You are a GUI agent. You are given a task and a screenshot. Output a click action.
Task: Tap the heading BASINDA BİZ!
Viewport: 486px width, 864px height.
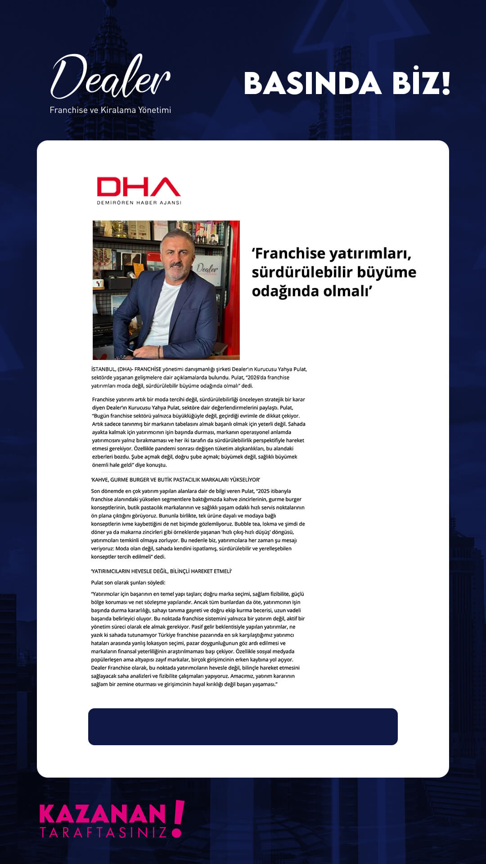346,83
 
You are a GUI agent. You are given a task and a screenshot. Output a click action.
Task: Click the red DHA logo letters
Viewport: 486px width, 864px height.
139,187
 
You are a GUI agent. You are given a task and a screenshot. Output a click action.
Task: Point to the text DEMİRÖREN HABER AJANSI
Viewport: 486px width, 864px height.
139,202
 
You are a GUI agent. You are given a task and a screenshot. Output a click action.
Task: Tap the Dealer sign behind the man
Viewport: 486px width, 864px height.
207,269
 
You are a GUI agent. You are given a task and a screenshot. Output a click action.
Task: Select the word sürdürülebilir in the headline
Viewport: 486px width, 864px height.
301,272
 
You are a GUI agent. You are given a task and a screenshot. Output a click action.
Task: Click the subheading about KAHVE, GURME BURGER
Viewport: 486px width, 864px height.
175,480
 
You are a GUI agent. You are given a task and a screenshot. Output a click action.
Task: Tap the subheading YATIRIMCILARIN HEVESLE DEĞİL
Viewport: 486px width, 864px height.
161,571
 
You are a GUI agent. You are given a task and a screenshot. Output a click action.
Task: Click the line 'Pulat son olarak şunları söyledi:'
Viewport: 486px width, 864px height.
128,582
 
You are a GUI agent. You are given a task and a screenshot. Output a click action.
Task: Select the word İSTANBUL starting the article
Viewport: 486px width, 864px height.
103,369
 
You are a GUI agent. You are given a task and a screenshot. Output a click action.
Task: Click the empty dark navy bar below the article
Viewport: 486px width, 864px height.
243,727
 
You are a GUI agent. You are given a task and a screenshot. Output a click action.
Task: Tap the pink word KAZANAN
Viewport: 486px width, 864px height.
103,814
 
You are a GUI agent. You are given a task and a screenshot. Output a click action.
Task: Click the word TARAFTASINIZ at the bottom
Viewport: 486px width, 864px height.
103,832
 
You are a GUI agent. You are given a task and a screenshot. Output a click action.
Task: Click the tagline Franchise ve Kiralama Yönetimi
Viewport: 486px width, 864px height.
110,110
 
